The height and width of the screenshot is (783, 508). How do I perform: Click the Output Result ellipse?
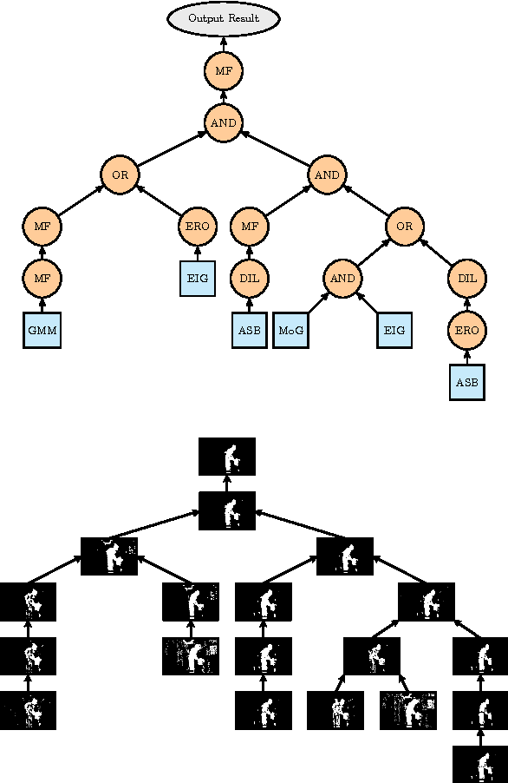pos(224,18)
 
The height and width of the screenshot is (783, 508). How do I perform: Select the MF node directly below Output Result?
pos(224,70)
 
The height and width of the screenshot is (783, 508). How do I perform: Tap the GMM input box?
pos(42,331)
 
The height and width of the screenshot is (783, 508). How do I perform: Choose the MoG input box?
pos(291,331)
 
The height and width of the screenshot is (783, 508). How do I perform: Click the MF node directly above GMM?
pos(42,279)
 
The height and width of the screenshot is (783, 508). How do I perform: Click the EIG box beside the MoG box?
pos(395,331)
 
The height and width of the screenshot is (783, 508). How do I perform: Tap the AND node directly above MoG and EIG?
pos(343,279)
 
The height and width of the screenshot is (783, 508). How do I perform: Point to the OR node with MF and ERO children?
pos(120,174)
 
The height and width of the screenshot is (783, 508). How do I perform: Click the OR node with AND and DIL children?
pos(405,227)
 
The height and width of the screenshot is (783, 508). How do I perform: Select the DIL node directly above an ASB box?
pos(250,279)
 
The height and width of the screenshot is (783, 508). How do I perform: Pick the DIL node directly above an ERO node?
pos(467,279)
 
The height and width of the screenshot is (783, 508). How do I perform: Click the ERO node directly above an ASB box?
pos(467,331)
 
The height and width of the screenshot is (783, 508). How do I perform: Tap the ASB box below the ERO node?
pos(467,383)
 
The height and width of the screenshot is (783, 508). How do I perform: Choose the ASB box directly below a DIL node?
pos(250,331)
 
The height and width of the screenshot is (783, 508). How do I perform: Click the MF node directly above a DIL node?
pos(250,227)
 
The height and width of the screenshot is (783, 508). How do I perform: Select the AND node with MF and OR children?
pos(327,174)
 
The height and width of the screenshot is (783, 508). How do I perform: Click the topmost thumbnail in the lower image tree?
pos(227,457)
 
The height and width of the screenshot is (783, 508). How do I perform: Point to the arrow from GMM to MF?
pos(42,305)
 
